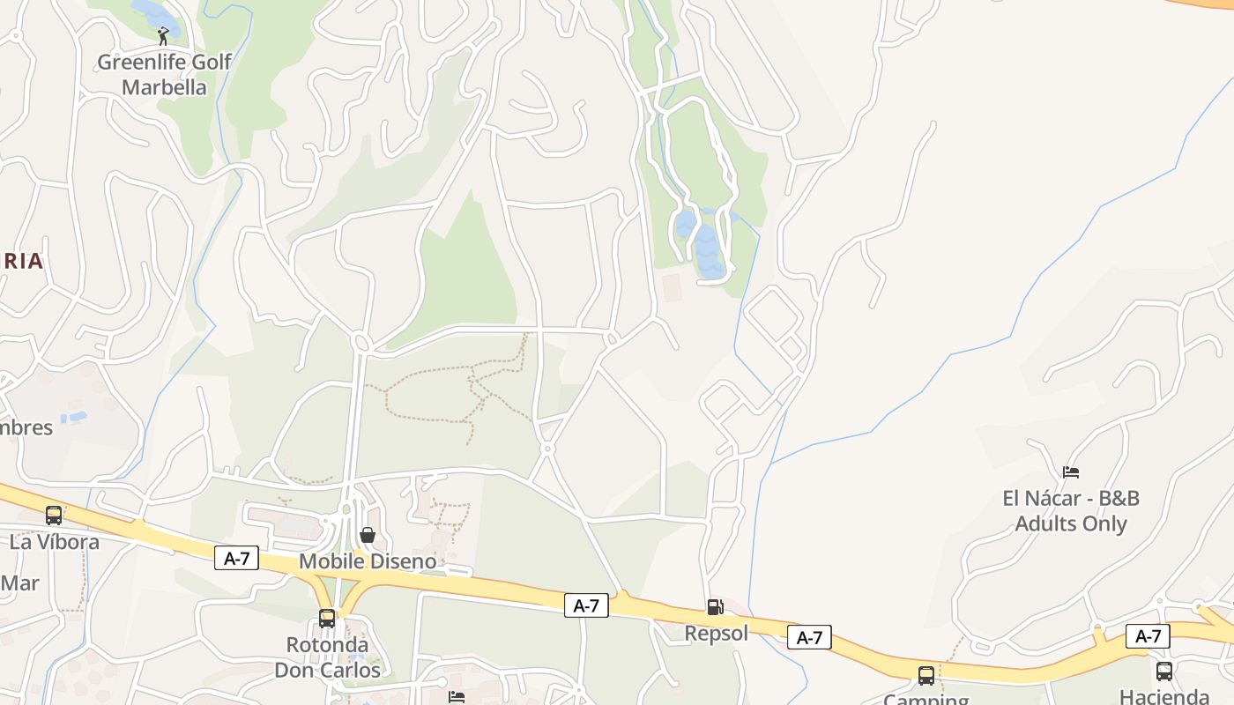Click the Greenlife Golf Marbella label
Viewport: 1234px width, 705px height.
coord(164,74)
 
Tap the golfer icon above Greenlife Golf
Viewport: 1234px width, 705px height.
coord(163,36)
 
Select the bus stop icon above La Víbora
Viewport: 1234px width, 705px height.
coord(54,515)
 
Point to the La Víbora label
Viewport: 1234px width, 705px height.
coord(55,541)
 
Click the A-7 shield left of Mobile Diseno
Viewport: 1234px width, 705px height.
coord(236,558)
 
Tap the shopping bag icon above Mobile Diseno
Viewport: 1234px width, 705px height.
coord(368,535)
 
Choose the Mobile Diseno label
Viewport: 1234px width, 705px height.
coord(368,561)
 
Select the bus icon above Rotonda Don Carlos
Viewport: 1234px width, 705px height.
coord(327,619)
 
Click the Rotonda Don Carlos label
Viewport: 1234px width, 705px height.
coord(327,657)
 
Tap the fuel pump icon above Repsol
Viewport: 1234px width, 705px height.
coord(715,607)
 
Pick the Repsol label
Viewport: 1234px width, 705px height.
coord(716,633)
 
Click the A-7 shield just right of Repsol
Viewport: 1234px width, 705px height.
coord(809,637)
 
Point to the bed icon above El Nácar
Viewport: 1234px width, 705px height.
coord(1071,472)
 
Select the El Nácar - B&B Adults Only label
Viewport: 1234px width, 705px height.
coord(1071,511)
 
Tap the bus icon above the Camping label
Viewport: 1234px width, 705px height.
coord(926,676)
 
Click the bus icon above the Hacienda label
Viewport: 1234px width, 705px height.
coord(1164,671)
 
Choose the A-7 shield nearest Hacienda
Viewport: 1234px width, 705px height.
coord(1148,635)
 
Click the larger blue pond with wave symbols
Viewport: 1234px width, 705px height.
coord(709,251)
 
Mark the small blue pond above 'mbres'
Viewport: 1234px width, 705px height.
coord(78,416)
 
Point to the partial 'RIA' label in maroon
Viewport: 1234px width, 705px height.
coord(22,261)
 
